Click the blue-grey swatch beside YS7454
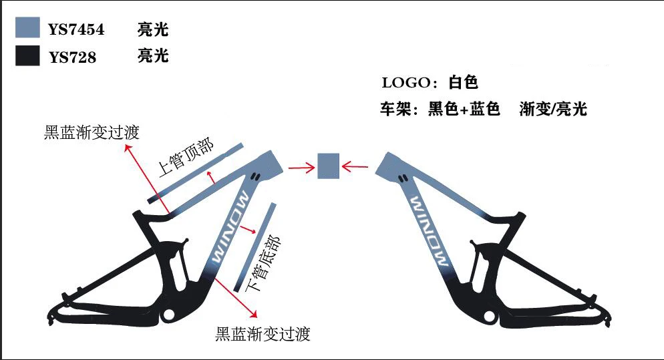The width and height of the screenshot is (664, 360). tap(28, 29)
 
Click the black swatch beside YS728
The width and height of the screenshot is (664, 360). tap(28, 56)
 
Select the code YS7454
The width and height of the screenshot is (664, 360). tap(76, 29)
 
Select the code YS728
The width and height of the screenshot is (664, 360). tap(72, 57)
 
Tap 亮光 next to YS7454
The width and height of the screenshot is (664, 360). tap(153, 29)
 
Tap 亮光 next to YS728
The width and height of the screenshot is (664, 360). tap(153, 56)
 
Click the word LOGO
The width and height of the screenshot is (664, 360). tap(405, 83)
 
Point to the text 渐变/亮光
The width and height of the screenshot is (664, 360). tap(553, 109)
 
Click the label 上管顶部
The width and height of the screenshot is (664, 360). tap(186, 159)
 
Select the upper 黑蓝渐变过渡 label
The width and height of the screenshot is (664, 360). tap(92, 132)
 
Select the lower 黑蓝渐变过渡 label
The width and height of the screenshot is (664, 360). tap(263, 333)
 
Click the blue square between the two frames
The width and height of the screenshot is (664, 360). tap(329, 166)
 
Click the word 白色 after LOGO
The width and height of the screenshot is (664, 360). tap(464, 83)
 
